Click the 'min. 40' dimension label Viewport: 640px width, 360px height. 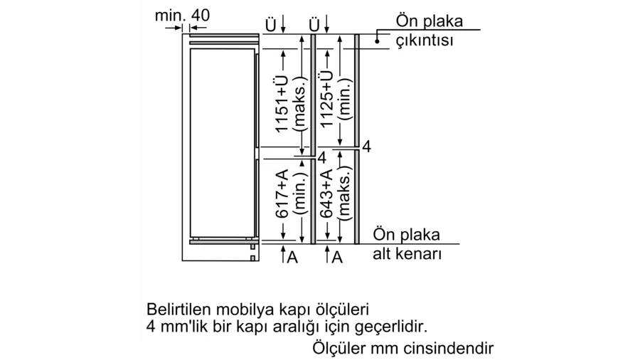[x=182, y=16]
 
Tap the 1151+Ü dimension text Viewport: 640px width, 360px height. [x=282, y=104]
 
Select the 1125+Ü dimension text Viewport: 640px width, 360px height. [x=326, y=98]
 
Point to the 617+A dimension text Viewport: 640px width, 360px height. [x=282, y=194]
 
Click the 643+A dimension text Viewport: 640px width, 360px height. [x=326, y=194]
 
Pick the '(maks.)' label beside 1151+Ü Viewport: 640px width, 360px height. [x=300, y=104]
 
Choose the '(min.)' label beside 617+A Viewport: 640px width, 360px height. [x=300, y=194]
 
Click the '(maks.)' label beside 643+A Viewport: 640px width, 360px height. [x=345, y=194]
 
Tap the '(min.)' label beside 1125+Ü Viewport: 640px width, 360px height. [x=345, y=99]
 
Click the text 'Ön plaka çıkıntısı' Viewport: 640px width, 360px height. [x=429, y=31]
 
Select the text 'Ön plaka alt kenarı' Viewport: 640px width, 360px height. [x=407, y=244]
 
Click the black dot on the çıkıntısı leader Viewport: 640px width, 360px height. [x=377, y=41]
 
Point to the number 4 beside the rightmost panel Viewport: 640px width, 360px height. [x=366, y=147]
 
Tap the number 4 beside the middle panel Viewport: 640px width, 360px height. [x=322, y=157]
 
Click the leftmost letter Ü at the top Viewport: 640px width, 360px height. [x=271, y=25]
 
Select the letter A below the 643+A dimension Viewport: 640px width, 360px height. [x=337, y=257]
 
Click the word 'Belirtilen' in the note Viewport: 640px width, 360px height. [x=178, y=309]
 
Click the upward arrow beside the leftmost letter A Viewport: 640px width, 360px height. [x=283, y=253]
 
